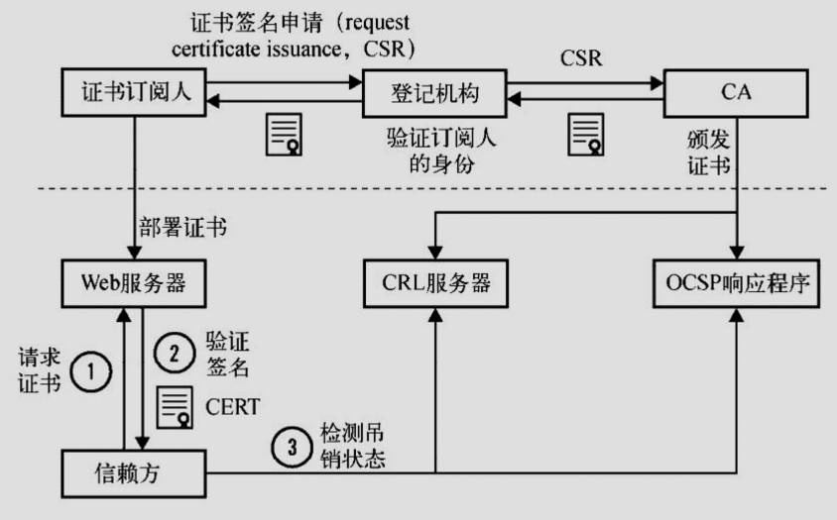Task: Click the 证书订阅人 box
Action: pos(134,93)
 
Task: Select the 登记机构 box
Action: pos(435,93)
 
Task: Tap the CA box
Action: pos(735,93)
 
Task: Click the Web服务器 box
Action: pos(134,283)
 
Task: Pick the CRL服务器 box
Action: pos(435,283)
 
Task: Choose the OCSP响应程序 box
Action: pos(735,283)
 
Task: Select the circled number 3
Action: pos(292,447)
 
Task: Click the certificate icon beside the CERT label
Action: pos(178,406)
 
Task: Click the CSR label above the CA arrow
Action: pos(581,58)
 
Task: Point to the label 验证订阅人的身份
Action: pos(439,150)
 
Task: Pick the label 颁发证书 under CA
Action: pos(710,150)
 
